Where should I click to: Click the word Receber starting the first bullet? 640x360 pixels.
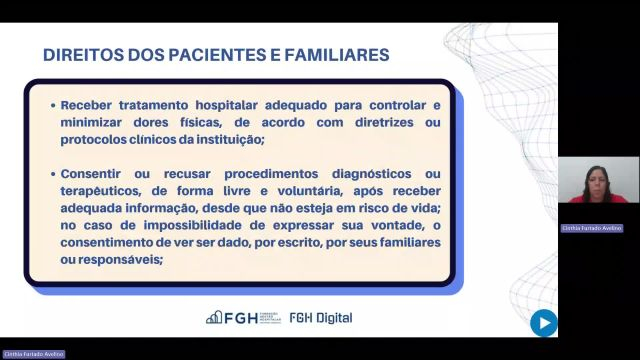pos(89,105)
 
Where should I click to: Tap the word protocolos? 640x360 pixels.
pos(95,139)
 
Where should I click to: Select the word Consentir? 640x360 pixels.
pos(95,173)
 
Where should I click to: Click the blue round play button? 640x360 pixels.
pos(543,322)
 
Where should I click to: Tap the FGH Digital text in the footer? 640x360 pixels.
pos(320,318)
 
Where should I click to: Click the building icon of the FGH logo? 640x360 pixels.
pos(214,318)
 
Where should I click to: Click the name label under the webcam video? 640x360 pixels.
pos(591,228)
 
